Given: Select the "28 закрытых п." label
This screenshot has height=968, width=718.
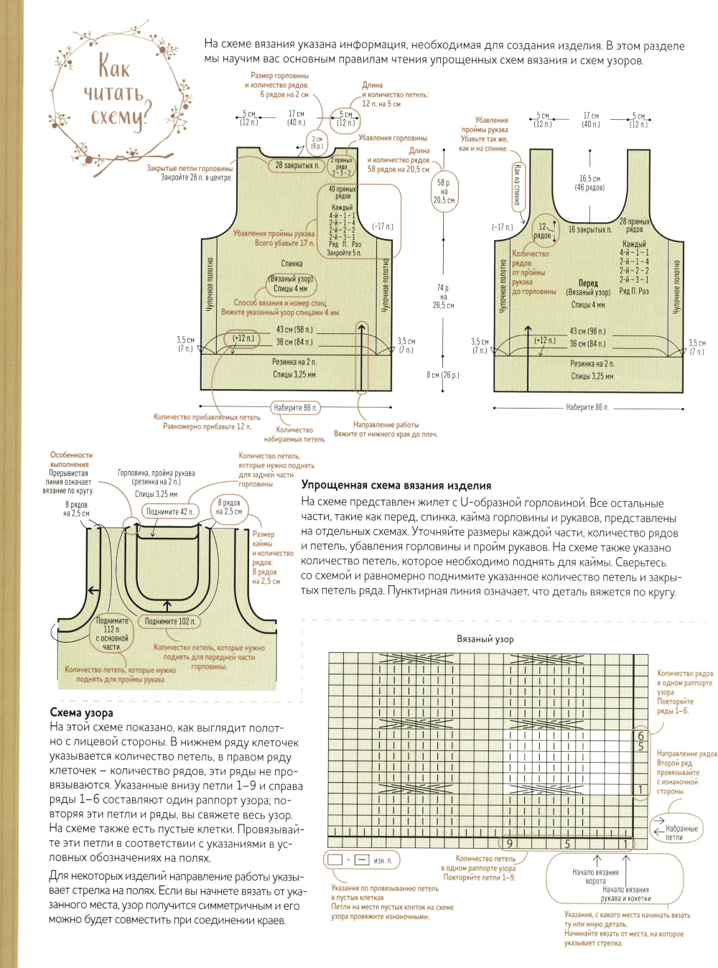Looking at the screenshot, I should [297, 165].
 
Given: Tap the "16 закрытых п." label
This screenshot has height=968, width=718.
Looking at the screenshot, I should [589, 230].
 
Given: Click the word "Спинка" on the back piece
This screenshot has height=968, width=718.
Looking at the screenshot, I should [292, 264].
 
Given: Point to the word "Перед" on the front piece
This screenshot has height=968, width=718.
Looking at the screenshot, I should [588, 283].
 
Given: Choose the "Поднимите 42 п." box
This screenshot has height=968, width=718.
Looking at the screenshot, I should [169, 512].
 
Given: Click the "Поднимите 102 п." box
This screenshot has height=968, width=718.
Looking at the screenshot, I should [169, 621].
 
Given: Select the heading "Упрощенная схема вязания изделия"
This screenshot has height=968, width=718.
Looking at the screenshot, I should [396, 485].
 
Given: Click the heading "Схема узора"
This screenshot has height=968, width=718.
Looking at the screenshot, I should [81, 712].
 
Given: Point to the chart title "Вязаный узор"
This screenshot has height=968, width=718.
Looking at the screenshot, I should [485, 638].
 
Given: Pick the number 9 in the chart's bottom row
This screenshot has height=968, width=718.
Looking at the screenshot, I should [510, 844].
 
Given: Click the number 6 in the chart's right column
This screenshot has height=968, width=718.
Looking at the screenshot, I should [640, 736].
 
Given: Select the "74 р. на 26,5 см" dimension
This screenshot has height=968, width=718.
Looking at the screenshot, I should [444, 296].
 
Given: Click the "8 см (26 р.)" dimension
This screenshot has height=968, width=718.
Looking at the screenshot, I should [442, 375].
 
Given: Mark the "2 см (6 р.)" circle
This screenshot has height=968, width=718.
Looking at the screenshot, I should [317, 142].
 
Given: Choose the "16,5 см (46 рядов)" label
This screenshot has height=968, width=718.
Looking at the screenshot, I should [589, 183].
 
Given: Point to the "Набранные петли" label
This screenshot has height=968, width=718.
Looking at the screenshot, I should [681, 833].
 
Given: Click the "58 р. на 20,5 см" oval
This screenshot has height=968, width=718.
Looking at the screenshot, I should [444, 191].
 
